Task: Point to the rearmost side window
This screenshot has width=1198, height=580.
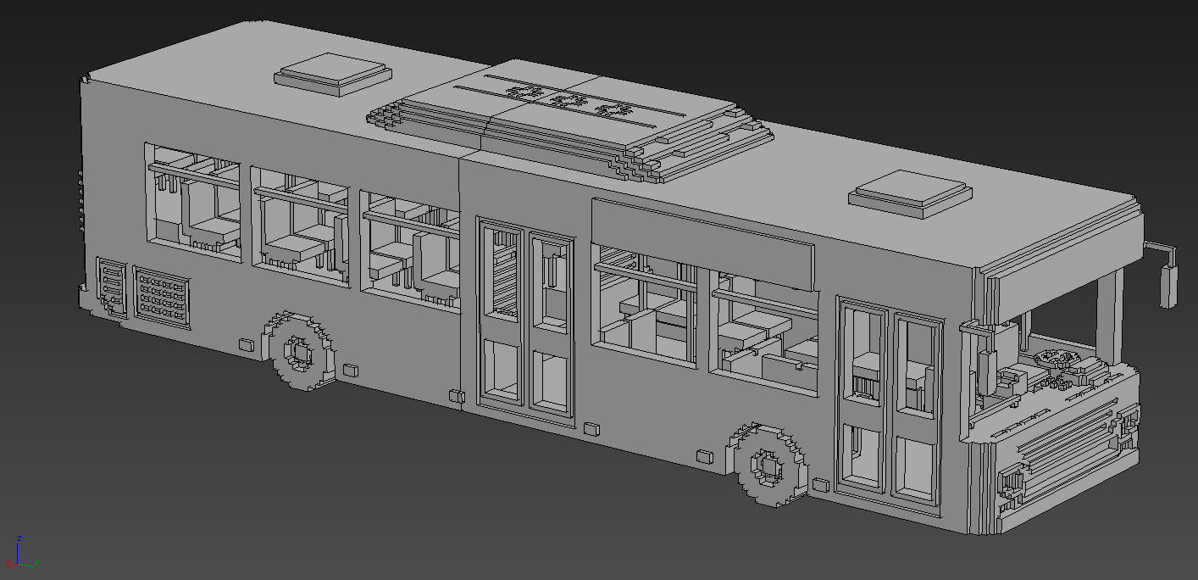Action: [192, 202]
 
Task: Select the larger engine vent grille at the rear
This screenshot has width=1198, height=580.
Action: [161, 296]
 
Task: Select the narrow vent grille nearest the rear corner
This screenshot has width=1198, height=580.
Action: [111, 286]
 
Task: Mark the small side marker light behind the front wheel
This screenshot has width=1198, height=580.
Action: [820, 485]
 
